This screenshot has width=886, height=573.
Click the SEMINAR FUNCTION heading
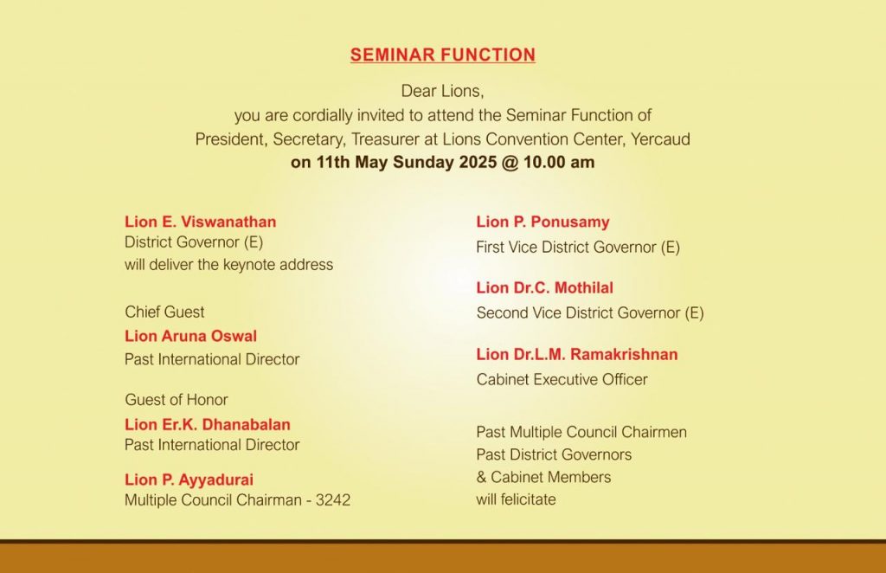[x=442, y=55]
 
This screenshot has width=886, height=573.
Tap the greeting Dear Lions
[x=442, y=91]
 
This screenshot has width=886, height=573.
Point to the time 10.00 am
[x=559, y=162]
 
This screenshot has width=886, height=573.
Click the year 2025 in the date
[x=478, y=162]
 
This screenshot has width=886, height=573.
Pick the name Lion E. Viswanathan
[x=201, y=222]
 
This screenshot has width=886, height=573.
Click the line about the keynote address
[x=228, y=265]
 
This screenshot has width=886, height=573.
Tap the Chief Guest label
[x=164, y=312]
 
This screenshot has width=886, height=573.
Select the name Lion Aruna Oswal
[x=191, y=336]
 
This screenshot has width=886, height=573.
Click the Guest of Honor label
[x=177, y=400]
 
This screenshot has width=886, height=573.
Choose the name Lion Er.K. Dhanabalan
[x=208, y=424]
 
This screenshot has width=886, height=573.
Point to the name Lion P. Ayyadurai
[x=189, y=480]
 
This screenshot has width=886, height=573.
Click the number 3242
[x=333, y=500]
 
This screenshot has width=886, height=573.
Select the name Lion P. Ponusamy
[x=543, y=222]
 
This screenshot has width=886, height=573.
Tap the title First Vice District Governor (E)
[x=578, y=247]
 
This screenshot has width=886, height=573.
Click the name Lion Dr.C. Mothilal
[x=545, y=287]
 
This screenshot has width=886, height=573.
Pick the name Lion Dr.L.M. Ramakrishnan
[x=577, y=354]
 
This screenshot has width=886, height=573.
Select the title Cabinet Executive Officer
[x=562, y=379]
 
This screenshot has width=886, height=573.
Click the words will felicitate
[x=516, y=499]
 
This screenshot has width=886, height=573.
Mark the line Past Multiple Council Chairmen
[x=581, y=432]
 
